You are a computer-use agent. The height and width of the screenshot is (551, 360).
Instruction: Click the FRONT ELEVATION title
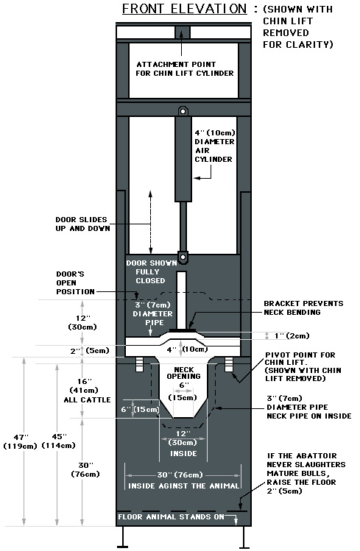coord(185,8)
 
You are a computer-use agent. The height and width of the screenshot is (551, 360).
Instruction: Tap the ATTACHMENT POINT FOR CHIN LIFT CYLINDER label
coord(185,69)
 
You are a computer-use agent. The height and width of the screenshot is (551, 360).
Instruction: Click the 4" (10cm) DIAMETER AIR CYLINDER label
coord(215,146)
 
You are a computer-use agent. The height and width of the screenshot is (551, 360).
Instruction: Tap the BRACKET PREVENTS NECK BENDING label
coord(303,308)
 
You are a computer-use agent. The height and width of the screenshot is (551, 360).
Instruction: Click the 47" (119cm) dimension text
coord(20,441)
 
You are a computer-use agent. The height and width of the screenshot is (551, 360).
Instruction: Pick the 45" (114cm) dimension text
coord(59,441)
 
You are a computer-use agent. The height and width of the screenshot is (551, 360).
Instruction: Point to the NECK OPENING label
coord(184,373)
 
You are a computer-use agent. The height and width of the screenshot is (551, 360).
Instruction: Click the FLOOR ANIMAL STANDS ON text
coord(171,517)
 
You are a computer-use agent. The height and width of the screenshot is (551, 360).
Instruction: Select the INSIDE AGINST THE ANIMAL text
coord(183,486)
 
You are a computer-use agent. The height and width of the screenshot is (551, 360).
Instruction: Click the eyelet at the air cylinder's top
coord(183,111)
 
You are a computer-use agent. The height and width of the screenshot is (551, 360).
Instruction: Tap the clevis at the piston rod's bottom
coord(183,257)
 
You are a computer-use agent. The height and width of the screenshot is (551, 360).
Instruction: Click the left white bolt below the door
coord(139,364)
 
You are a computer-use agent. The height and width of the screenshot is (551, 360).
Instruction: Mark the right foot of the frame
coord(244,538)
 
